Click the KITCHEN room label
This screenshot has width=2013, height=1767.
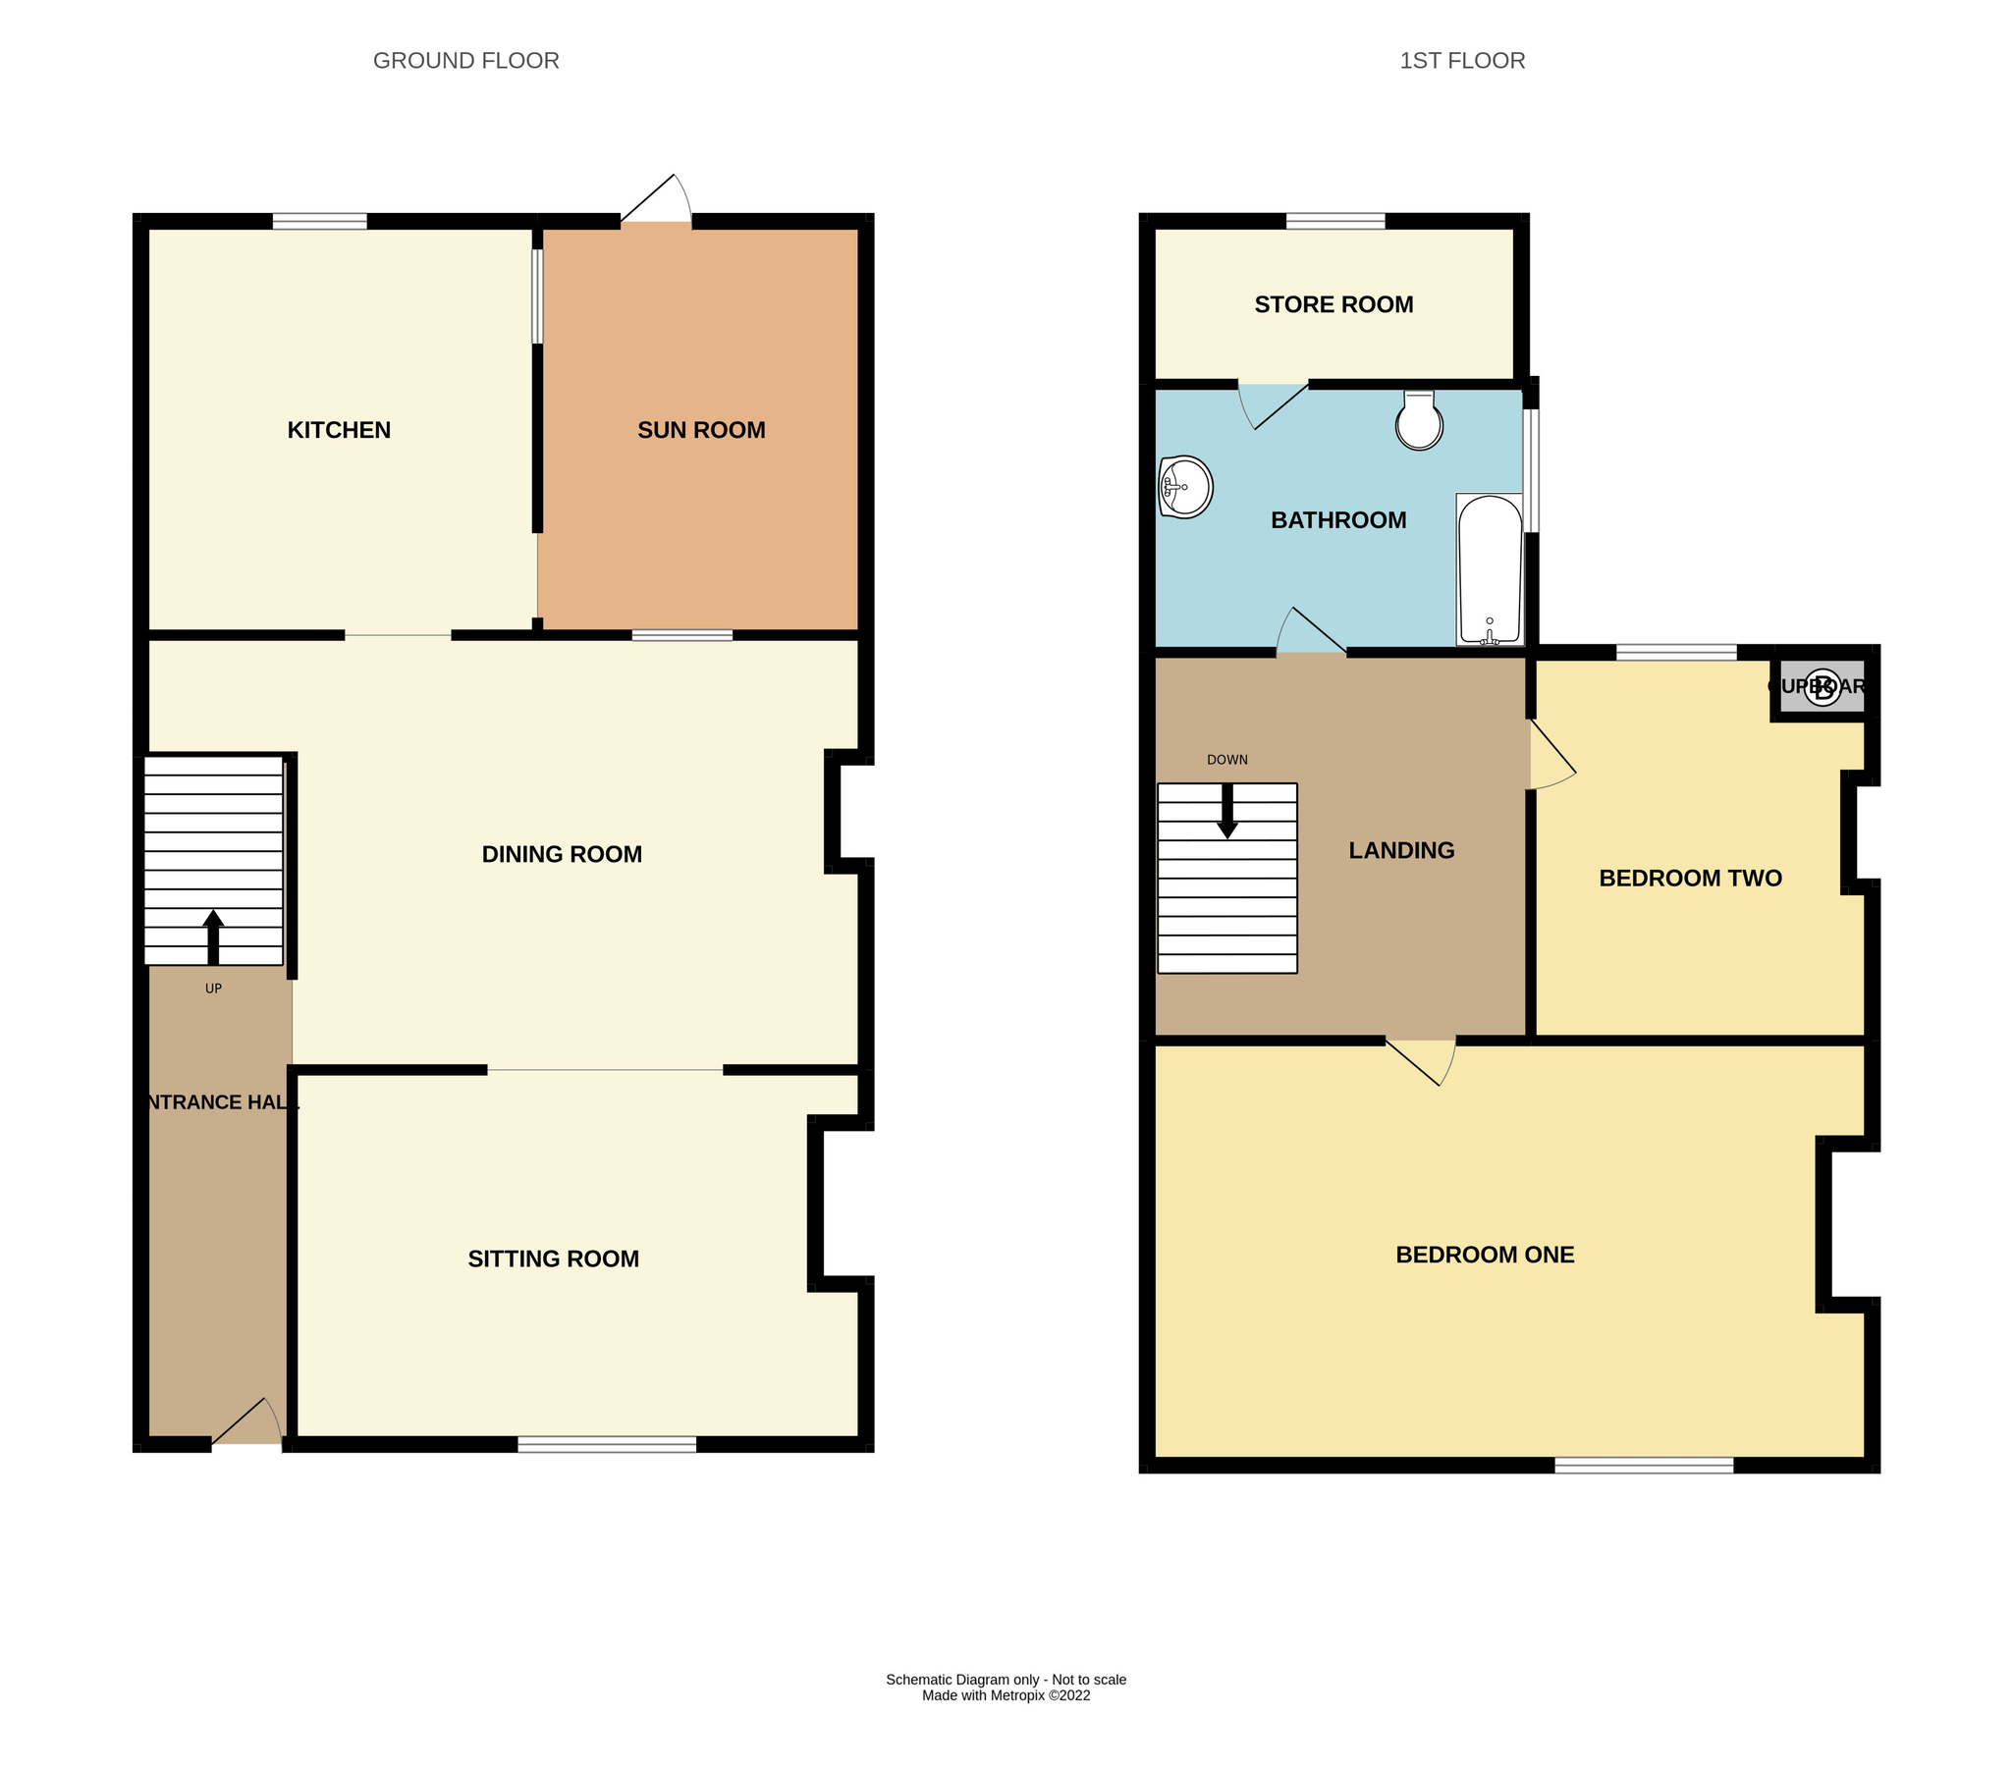[x=339, y=430]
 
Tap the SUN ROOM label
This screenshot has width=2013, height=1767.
[x=701, y=430]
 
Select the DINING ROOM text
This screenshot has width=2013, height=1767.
[x=562, y=854]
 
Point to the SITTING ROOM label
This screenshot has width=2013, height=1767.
[x=554, y=1259]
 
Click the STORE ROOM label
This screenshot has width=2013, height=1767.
[x=1333, y=305]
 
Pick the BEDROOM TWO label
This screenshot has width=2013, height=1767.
[x=1690, y=878]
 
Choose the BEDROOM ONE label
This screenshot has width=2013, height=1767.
[x=1485, y=1256]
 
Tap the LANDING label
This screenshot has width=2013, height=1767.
[x=1401, y=850]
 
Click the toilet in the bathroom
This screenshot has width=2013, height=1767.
[x=1419, y=421]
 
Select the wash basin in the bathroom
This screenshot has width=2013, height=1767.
[x=1185, y=486]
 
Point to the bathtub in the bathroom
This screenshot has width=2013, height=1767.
[x=1489, y=571]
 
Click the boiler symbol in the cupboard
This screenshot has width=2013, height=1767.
[x=1823, y=687]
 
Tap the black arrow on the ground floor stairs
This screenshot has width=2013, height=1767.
[x=213, y=937]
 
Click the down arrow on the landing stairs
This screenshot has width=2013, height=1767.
[x=1227, y=812]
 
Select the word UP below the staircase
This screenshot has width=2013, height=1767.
[x=213, y=989]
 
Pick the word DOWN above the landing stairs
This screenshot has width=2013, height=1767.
[x=1227, y=760]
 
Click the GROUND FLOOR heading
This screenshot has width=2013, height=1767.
[x=465, y=61]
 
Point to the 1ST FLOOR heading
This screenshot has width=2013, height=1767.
[x=1462, y=61]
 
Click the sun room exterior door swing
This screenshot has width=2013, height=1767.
[x=659, y=201]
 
